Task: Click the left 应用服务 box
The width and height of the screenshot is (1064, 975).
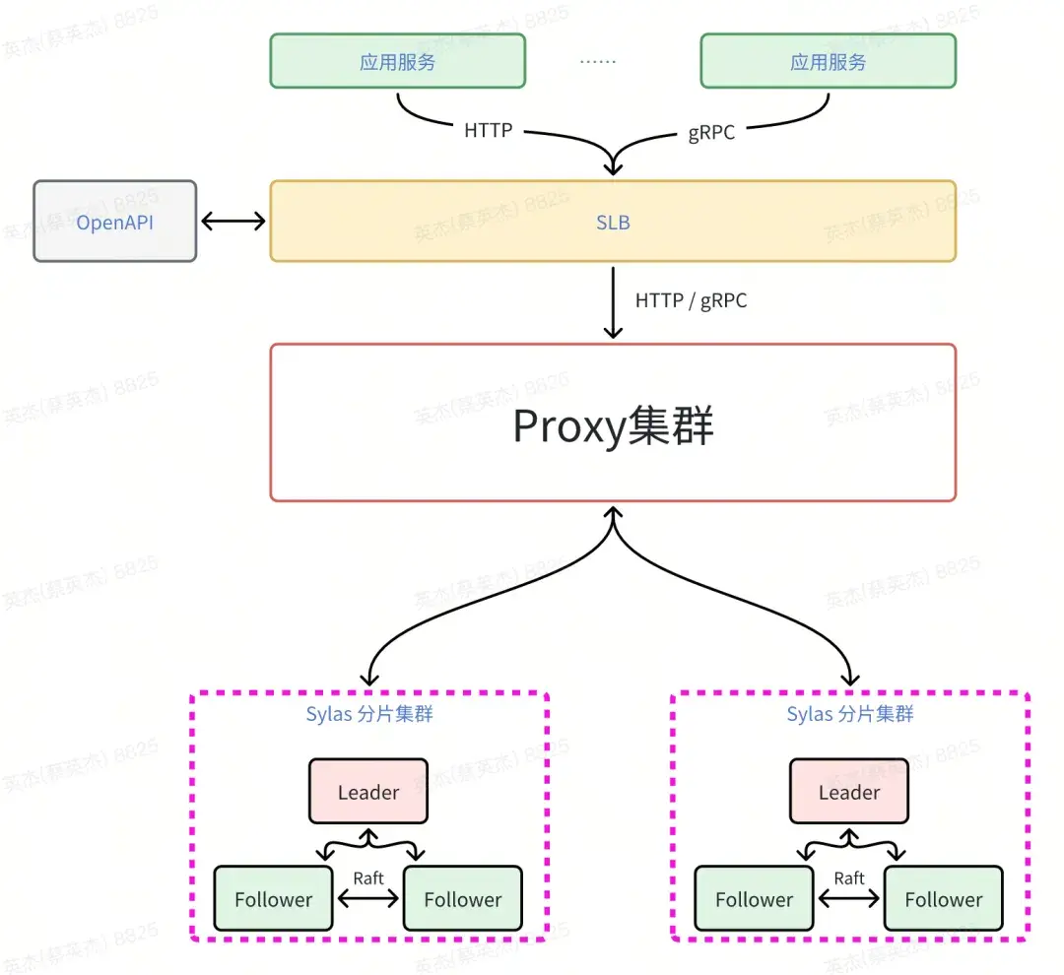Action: [397, 61]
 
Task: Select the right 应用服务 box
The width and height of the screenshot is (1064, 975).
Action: [828, 61]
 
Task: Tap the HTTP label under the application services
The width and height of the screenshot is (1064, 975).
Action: [488, 130]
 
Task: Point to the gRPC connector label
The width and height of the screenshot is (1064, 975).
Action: [711, 133]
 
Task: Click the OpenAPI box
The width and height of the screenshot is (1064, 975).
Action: [115, 222]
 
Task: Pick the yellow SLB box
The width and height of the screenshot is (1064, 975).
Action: [613, 222]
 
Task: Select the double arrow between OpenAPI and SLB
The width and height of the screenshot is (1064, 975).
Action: [233, 222]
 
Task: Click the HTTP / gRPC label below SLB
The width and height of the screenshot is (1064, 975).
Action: [691, 300]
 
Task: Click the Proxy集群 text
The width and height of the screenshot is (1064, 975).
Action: [613, 426]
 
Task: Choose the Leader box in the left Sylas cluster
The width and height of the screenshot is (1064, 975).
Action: [368, 792]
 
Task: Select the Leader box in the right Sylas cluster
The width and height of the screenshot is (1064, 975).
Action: [849, 792]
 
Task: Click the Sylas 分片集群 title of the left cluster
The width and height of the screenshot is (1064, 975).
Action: [368, 714]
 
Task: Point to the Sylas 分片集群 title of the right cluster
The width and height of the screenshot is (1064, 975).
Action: [849, 714]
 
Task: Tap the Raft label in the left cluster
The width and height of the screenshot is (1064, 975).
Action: [368, 877]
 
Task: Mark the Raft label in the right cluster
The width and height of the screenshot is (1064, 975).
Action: [849, 877]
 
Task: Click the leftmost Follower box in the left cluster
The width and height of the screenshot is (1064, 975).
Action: [273, 899]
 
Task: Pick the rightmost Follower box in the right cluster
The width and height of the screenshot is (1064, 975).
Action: [943, 899]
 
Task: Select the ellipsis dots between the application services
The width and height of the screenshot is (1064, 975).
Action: [597, 61]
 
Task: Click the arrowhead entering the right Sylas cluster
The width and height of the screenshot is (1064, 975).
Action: [850, 680]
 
